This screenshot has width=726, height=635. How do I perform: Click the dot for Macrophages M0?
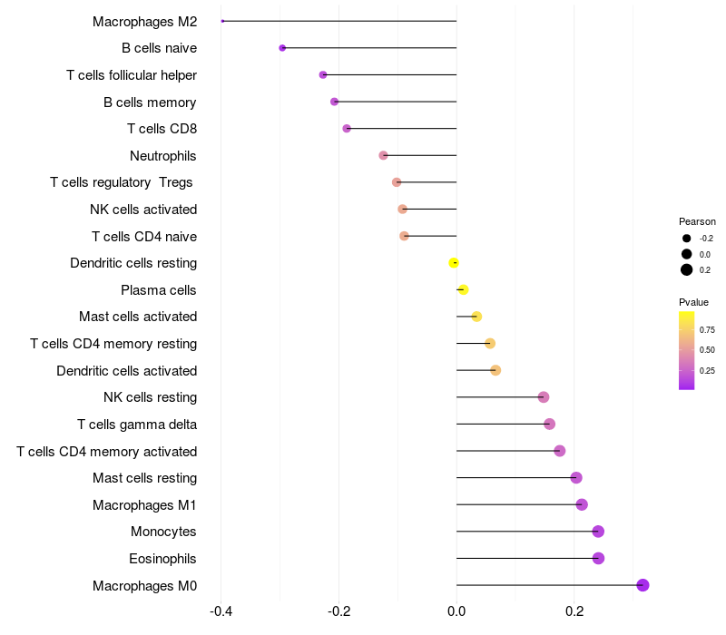coord(643,585)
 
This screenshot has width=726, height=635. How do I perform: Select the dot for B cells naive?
coord(282,48)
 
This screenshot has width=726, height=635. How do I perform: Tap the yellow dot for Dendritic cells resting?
coord(454,263)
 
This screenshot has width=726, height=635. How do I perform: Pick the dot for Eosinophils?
coord(598,558)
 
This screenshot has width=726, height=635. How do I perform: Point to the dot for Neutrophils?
coord(383,156)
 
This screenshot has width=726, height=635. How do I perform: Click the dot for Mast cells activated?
coord(476,317)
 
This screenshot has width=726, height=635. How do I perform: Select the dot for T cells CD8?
coord(347,129)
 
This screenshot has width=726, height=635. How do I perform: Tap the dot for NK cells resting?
coord(544,397)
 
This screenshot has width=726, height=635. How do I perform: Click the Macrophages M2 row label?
coord(144,21)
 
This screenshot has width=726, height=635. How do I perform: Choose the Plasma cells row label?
coord(159,290)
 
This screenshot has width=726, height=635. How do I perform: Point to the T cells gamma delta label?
coord(137,425)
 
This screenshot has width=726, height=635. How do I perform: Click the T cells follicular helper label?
coord(132,75)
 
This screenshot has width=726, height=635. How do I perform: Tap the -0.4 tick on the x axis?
coord(221,611)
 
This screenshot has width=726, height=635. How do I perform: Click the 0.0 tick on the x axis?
coord(456,611)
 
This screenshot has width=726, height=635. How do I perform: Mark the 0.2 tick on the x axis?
coord(574,611)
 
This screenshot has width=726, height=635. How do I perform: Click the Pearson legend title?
coord(697,221)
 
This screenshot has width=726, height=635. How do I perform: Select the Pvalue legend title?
coord(693,302)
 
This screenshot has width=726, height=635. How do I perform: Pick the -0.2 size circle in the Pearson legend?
coord(687,239)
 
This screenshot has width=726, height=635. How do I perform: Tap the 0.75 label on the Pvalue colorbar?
coord(707,329)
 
